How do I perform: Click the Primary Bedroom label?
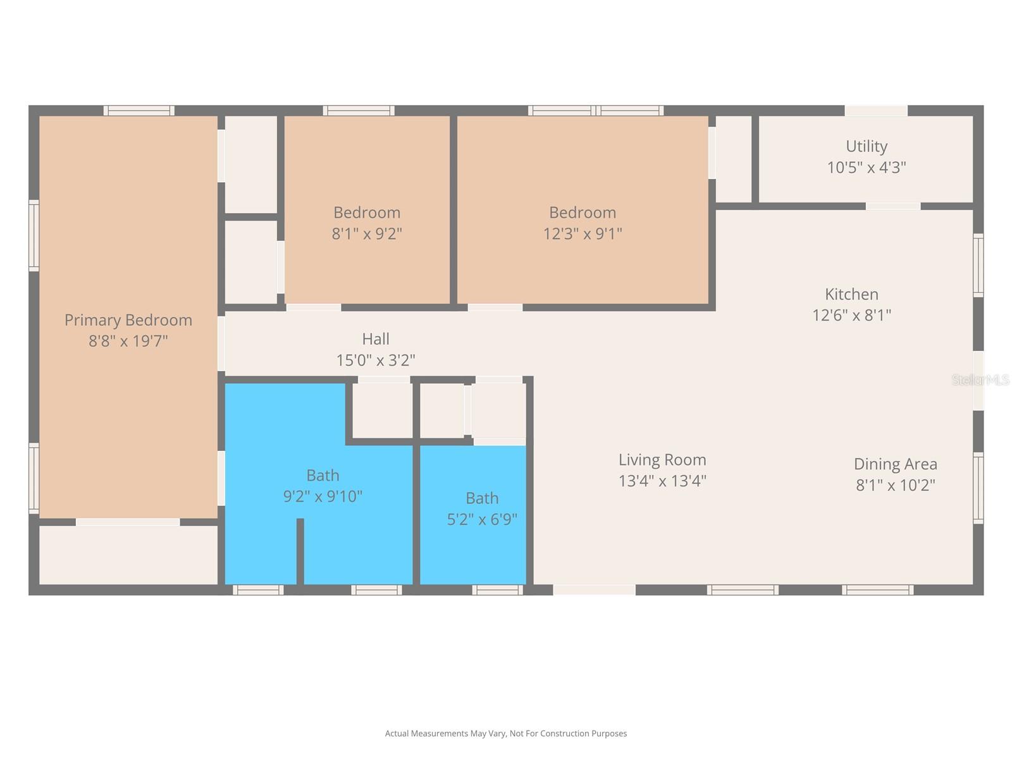(x=128, y=320)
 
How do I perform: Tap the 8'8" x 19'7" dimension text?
(x=128, y=341)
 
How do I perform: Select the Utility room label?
(x=867, y=147)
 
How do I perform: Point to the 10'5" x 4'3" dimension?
(x=867, y=167)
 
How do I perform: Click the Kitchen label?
(x=851, y=294)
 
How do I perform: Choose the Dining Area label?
(x=896, y=464)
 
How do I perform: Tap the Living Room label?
(x=662, y=460)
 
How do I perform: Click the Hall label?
(x=376, y=339)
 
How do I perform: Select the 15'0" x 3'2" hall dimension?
(x=376, y=360)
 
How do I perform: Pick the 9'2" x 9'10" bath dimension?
(x=323, y=497)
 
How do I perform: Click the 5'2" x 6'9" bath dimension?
(x=482, y=519)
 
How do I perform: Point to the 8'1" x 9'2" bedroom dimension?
(x=367, y=233)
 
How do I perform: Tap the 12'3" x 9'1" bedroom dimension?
(x=583, y=233)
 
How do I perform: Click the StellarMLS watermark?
(x=980, y=379)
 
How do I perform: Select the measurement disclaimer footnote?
(x=506, y=733)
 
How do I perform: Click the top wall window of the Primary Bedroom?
(x=139, y=111)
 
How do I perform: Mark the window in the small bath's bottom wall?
(x=498, y=590)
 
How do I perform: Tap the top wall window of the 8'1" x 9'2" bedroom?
(x=359, y=111)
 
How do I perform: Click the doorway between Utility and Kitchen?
(x=893, y=206)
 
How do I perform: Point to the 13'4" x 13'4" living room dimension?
(x=662, y=481)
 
